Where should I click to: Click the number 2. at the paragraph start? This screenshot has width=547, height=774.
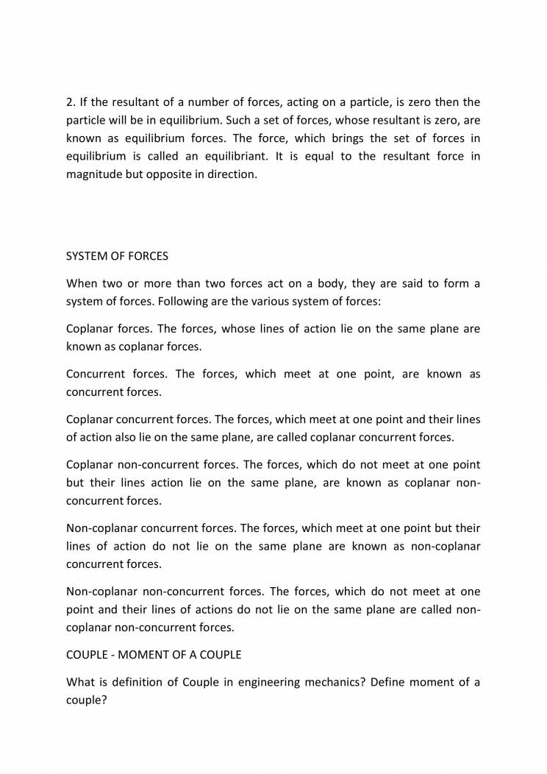pos(71,102)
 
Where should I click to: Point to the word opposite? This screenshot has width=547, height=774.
pos(174,175)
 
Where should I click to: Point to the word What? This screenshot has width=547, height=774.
pos(82,682)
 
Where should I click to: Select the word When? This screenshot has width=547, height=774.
pos(82,283)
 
